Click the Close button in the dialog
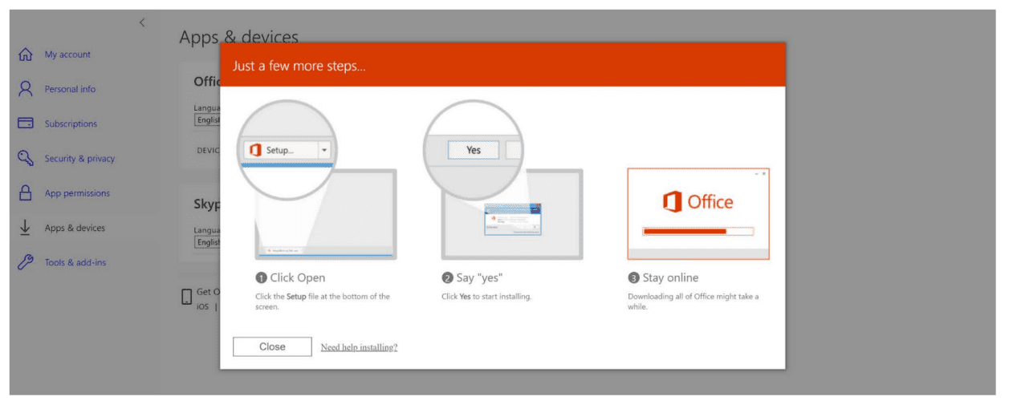click(272, 346)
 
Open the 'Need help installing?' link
click(359, 347)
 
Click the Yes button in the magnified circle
click(474, 150)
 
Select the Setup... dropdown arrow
click(324, 150)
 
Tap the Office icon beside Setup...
click(255, 150)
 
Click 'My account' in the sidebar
click(67, 55)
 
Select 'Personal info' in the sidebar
click(70, 89)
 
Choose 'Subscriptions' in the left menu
click(71, 123)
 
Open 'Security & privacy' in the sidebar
click(79, 159)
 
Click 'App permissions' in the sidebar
click(77, 193)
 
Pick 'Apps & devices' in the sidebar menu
click(75, 228)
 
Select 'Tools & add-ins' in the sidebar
click(75, 262)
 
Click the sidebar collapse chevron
click(142, 22)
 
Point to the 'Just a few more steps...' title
click(299, 66)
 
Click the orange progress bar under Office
click(685, 231)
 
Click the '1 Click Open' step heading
click(291, 277)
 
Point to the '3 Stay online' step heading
click(663, 277)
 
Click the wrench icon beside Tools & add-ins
click(26, 262)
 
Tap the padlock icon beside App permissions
click(26, 193)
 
